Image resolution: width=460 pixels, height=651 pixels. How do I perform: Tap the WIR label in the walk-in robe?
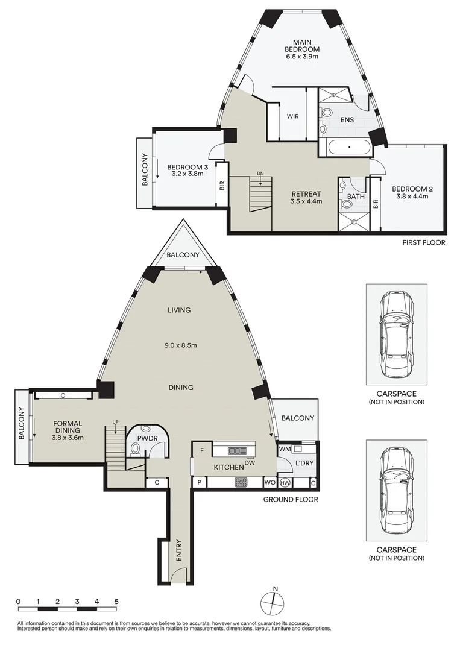point(294,116)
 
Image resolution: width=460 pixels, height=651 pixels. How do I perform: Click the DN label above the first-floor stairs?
point(260,174)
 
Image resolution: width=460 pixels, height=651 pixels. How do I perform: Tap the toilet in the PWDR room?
point(136,448)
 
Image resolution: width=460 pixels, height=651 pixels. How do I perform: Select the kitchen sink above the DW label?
point(236,450)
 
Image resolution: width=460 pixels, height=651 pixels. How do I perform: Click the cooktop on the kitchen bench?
point(241,482)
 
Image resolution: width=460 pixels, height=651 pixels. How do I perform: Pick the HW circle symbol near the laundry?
point(285,482)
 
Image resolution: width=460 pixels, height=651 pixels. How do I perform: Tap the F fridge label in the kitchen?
point(202,450)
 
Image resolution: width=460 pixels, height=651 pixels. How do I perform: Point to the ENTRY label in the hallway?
point(178,550)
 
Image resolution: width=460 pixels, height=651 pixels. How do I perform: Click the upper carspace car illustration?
point(396,334)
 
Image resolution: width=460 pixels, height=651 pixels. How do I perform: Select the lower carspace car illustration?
point(396,489)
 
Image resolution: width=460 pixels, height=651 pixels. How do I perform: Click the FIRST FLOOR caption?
point(423,243)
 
